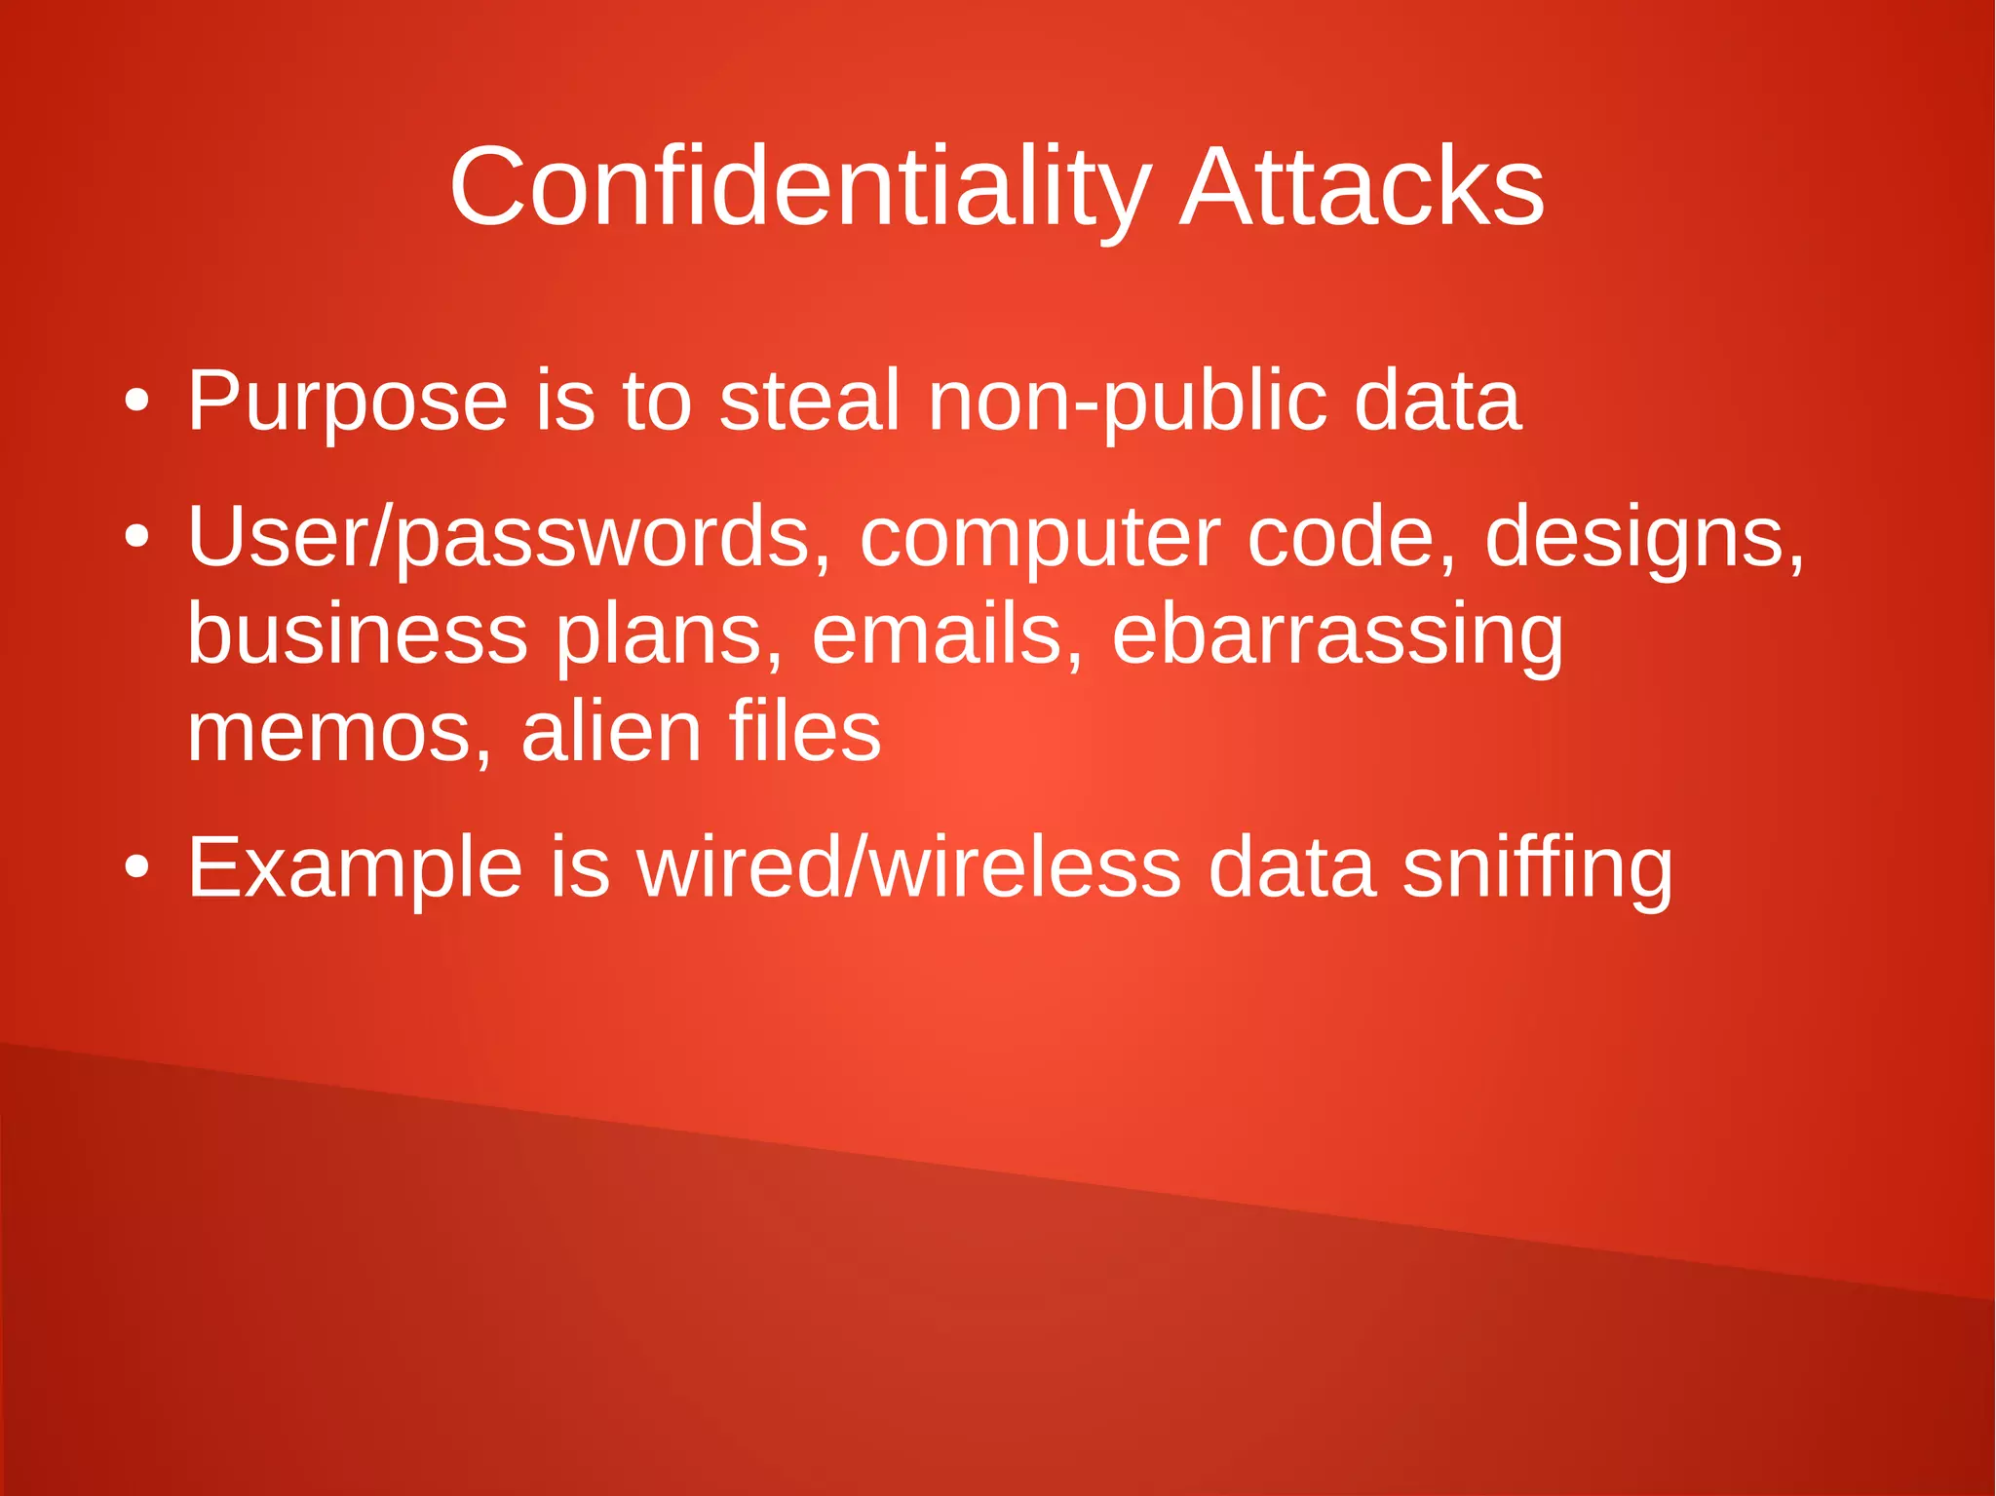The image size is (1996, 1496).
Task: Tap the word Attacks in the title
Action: [x=1362, y=187]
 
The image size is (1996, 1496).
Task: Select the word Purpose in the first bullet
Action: [x=347, y=402]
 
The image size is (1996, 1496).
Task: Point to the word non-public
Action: [x=1127, y=402]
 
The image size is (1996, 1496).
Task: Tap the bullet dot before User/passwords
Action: [x=137, y=537]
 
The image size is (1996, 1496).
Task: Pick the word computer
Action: [x=1040, y=539]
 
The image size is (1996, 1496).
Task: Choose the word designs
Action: [x=1643, y=539]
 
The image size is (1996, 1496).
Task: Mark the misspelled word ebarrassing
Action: [x=1337, y=635]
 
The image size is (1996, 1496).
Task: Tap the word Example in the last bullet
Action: [x=355, y=868]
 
